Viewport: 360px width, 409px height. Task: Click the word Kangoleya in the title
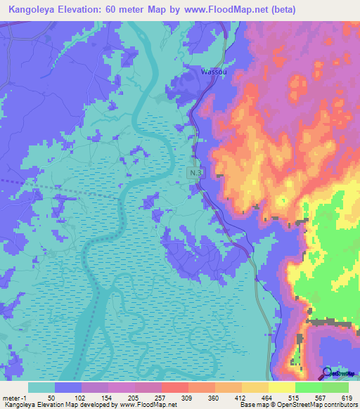pyautogui.click(x=34, y=10)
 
